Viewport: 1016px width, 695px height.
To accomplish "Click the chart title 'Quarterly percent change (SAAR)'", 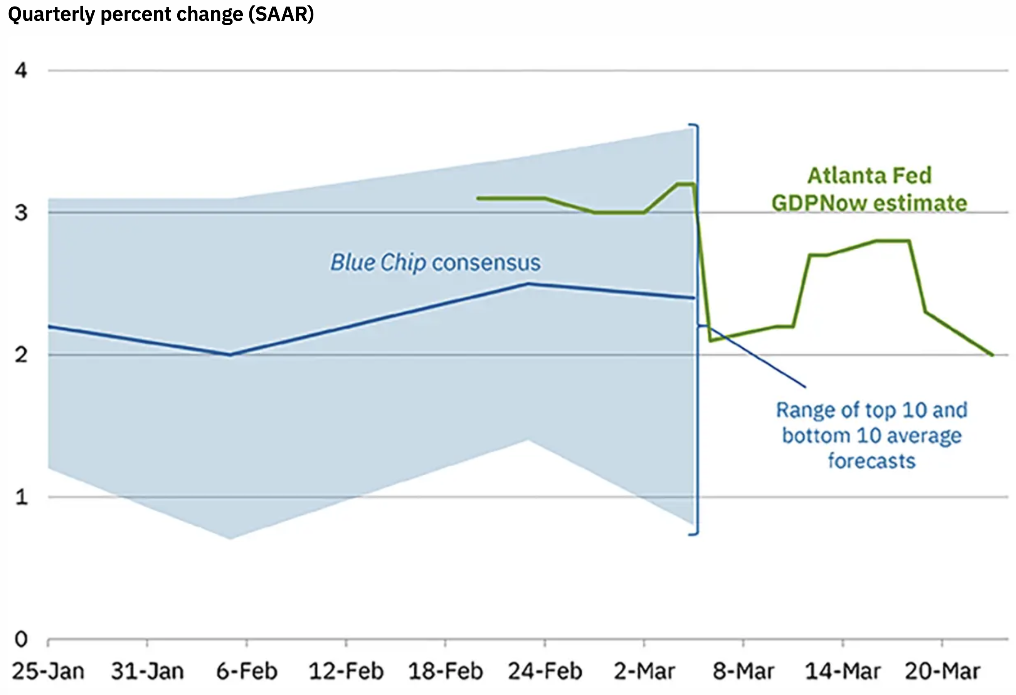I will (161, 14).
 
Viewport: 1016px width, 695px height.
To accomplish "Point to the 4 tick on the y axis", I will (21, 71).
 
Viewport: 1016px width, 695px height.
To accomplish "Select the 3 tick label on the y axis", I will (21, 213).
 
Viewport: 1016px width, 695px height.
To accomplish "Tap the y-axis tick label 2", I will (21, 355).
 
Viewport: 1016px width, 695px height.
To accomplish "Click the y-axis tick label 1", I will (21, 497).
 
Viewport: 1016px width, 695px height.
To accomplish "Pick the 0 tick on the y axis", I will (21, 640).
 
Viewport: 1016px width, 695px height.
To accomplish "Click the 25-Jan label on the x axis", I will (48, 671).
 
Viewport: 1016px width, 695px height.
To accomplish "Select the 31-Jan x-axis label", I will (147, 671).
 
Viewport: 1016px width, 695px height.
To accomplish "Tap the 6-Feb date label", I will (247, 671).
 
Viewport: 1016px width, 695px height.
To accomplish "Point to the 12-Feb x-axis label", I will (346, 671).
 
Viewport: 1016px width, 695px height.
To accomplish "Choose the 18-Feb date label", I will (446, 671).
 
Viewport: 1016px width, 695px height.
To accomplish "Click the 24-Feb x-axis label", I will (545, 671).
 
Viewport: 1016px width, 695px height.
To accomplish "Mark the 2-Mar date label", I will (644, 671).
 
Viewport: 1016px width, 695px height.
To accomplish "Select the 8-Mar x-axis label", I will (743, 671).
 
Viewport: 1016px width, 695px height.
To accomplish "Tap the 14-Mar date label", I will (843, 671).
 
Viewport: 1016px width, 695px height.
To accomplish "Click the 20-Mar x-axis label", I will (942, 671).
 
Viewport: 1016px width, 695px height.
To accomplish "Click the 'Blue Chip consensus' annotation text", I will (436, 263).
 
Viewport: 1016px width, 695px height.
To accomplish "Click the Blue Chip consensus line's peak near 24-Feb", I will (528, 284).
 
